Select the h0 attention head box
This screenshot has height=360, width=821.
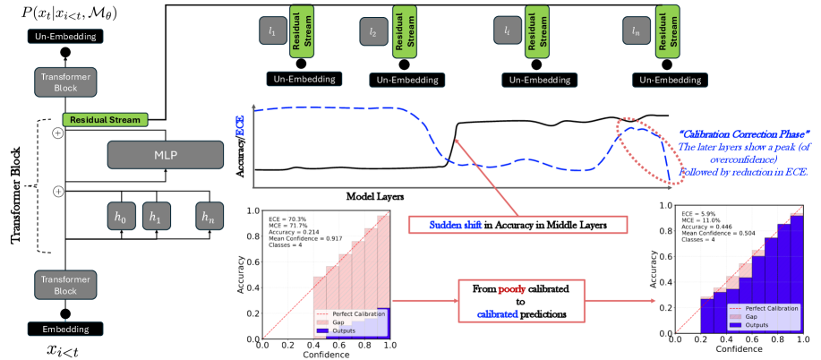(116, 216)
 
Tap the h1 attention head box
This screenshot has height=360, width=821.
(156, 216)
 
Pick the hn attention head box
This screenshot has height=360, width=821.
(211, 216)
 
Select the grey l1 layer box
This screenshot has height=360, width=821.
(271, 31)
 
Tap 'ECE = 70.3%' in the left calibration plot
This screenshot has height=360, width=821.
(289, 217)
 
